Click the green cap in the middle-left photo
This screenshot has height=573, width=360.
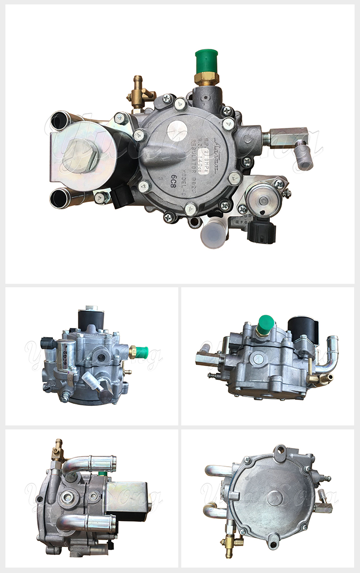142,351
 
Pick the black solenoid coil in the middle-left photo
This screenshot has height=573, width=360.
90,320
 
